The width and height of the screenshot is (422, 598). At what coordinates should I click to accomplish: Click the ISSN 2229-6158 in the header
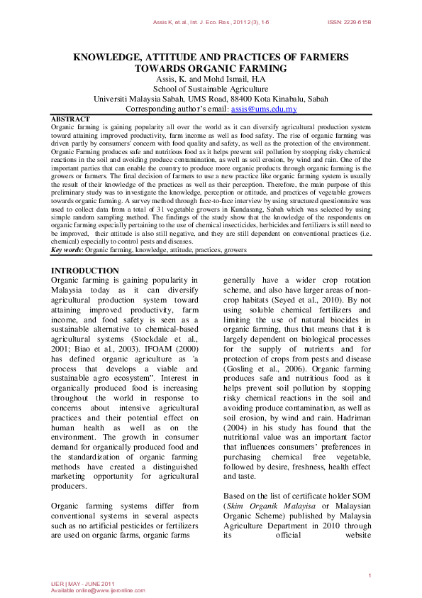[x=349, y=23]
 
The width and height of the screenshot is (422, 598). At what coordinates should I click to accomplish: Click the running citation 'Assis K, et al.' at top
[x=172, y=23]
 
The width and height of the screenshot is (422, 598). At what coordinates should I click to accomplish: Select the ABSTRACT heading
[x=70, y=119]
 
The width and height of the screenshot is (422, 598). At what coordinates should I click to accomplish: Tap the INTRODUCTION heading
[x=85, y=271]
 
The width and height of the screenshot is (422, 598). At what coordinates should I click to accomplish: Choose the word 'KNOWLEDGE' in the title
[x=107, y=56]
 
